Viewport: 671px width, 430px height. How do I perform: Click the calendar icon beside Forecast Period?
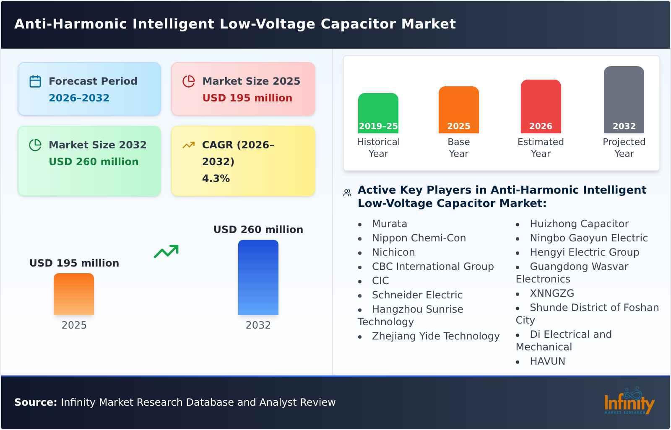(35, 81)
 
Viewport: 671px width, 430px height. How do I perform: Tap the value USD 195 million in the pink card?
(247, 98)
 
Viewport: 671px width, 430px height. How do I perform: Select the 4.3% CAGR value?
(216, 179)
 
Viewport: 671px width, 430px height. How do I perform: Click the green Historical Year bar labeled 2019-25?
(378, 113)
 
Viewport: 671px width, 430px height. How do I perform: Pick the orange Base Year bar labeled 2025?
(458, 110)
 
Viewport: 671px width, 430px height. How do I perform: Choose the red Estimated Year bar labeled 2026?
(541, 106)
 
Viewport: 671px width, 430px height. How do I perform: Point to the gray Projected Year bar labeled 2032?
(624, 100)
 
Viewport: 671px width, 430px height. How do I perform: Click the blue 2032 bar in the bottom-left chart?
(258, 277)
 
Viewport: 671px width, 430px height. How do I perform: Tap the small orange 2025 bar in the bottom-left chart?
(74, 294)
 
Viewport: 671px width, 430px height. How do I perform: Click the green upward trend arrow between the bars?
(166, 251)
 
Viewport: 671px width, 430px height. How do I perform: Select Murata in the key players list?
(389, 224)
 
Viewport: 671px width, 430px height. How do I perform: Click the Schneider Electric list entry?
(417, 295)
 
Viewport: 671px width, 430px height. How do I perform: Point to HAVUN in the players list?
(547, 361)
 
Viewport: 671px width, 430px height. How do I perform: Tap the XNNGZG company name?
(552, 293)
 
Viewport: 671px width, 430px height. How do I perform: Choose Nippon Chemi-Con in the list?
(419, 238)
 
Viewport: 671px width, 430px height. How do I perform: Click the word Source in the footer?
(35, 402)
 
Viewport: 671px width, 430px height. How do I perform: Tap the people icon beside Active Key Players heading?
(347, 193)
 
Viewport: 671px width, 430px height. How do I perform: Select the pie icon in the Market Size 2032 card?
(35, 145)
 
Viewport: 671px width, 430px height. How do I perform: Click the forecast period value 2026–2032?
(79, 98)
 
